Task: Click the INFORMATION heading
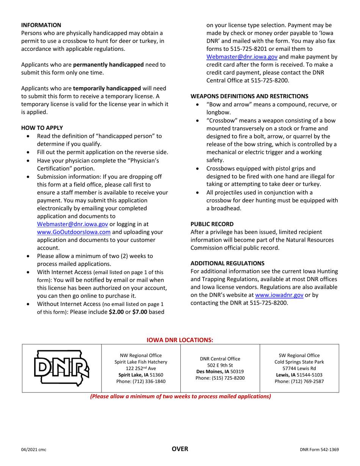click(x=41, y=25)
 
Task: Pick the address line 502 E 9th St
click(x=220, y=365)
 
